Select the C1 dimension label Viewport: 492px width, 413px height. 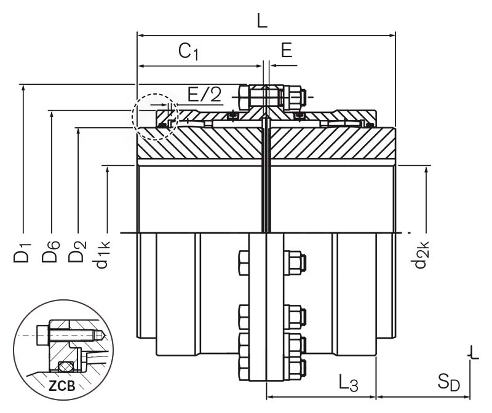[189, 52]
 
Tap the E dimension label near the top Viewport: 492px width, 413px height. [287, 50]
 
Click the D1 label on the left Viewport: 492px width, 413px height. [23, 253]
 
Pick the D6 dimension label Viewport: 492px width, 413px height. [50, 253]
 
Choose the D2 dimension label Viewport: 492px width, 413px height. [77, 253]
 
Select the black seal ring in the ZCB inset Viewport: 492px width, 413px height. [63, 367]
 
